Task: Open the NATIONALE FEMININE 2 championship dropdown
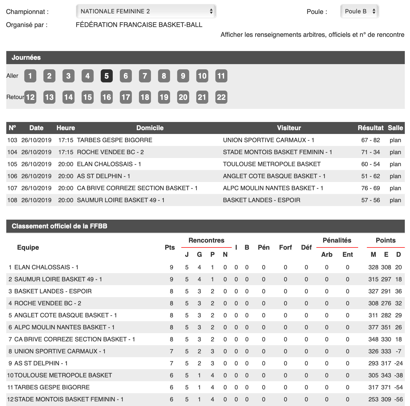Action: coord(146,11)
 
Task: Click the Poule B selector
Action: coord(360,11)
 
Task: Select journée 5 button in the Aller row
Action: coord(106,76)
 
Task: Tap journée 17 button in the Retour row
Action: coord(126,97)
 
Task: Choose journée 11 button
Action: coord(221,76)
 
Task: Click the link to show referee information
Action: coord(312,35)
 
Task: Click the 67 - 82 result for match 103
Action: coord(370,140)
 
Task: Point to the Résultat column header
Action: coord(370,128)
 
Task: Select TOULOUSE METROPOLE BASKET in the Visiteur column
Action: coord(272,164)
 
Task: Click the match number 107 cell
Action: coord(12,188)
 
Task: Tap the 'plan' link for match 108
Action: coord(395,200)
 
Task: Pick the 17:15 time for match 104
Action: coord(66,152)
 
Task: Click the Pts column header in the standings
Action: coord(170,247)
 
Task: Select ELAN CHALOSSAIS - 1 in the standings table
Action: coord(46,267)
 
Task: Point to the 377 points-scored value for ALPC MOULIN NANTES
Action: coord(373,327)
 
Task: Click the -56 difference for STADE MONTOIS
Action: coord(399,399)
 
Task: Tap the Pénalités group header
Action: coord(337,240)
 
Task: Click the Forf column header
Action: coord(286,247)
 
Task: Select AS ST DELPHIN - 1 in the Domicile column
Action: coord(103,176)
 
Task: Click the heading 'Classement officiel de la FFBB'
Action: coord(60,226)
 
